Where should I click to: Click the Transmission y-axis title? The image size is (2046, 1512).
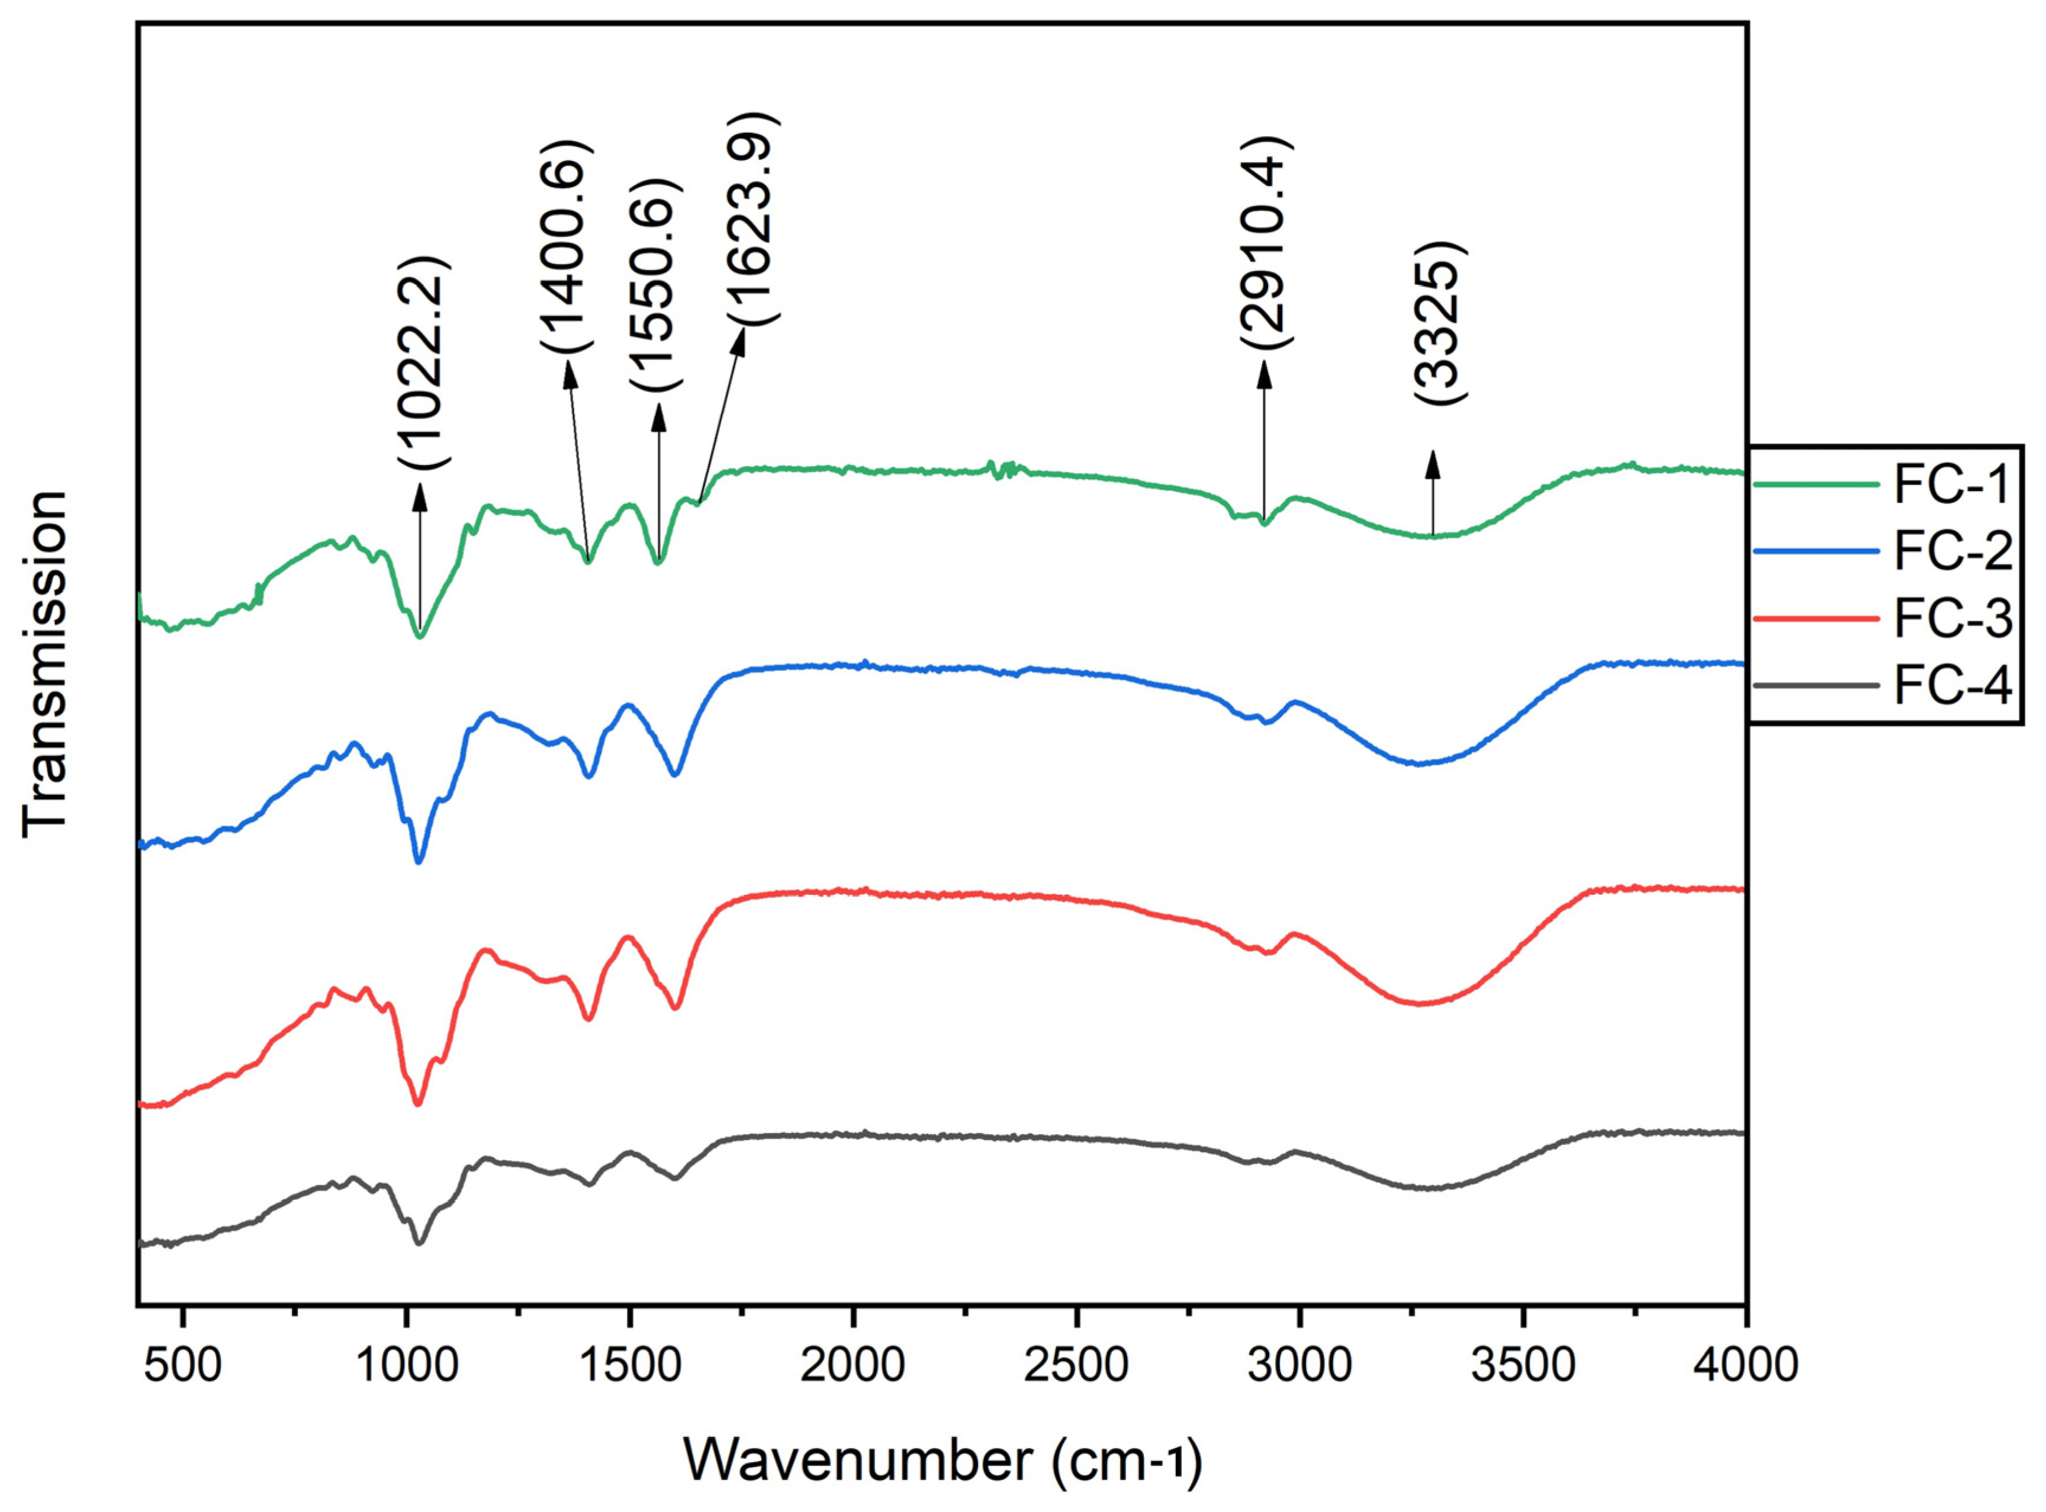(45, 663)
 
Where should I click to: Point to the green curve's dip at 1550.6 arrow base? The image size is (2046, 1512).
(658, 562)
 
